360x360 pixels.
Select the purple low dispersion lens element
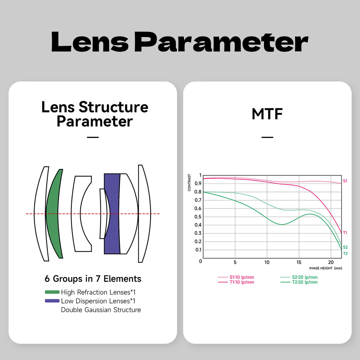[x=112, y=214]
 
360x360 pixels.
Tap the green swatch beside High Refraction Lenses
[x=52, y=292]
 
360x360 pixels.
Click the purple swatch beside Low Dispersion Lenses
[x=52, y=301]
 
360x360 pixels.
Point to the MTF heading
[x=267, y=114]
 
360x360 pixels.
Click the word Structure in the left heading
[x=113, y=107]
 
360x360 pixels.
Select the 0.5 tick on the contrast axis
[x=198, y=217]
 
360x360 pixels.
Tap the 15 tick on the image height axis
[x=299, y=262]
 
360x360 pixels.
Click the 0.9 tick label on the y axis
[x=198, y=184]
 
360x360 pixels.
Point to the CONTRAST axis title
[x=189, y=182]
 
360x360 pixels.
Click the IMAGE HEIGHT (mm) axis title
[x=325, y=268]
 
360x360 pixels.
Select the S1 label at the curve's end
[x=345, y=181]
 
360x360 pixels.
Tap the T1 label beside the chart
[x=345, y=233]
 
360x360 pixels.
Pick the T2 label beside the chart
[x=345, y=253]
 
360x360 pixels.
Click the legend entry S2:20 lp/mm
[x=299, y=277]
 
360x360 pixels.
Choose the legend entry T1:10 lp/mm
[x=236, y=282]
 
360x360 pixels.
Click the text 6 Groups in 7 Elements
[x=93, y=278]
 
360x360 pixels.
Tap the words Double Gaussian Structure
[x=101, y=310]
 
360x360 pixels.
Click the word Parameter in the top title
[x=221, y=42]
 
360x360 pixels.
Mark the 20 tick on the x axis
[x=331, y=262]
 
